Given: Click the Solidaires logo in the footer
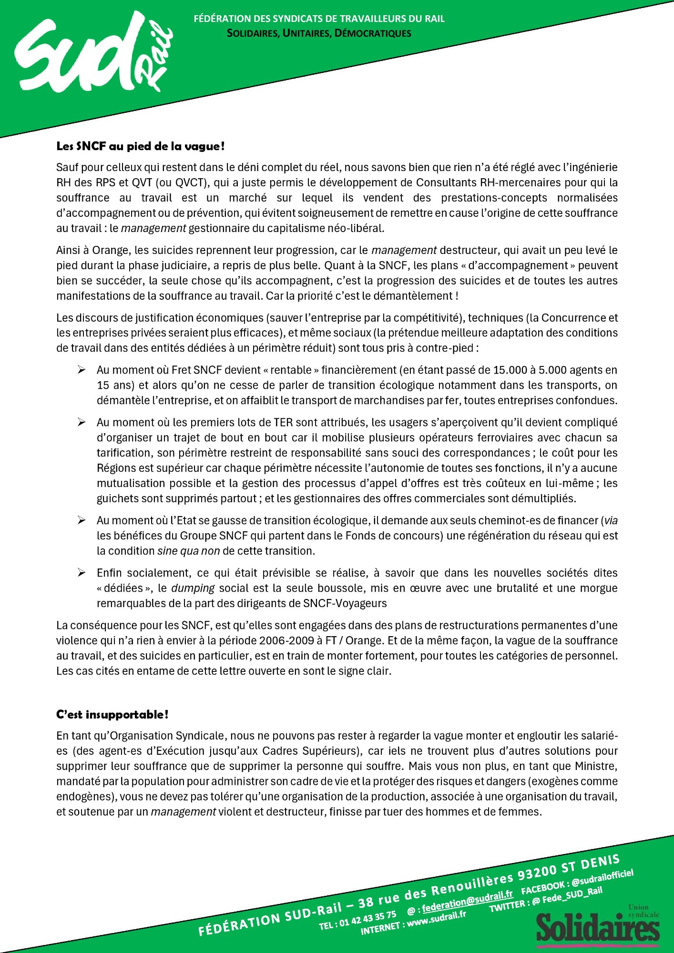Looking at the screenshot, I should pos(598,927).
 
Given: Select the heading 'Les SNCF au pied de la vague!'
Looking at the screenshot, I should pos(140,146).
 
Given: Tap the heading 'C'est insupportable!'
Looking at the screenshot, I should pos(112,714).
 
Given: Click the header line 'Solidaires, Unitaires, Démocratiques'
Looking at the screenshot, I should pos(319,33).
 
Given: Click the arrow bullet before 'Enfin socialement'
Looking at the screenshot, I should pos(82,573).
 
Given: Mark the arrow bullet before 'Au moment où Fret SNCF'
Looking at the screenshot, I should pos(82,370).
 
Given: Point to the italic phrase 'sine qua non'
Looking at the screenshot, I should pos(188,551).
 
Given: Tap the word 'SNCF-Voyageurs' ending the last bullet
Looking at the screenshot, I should pos(345,603).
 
